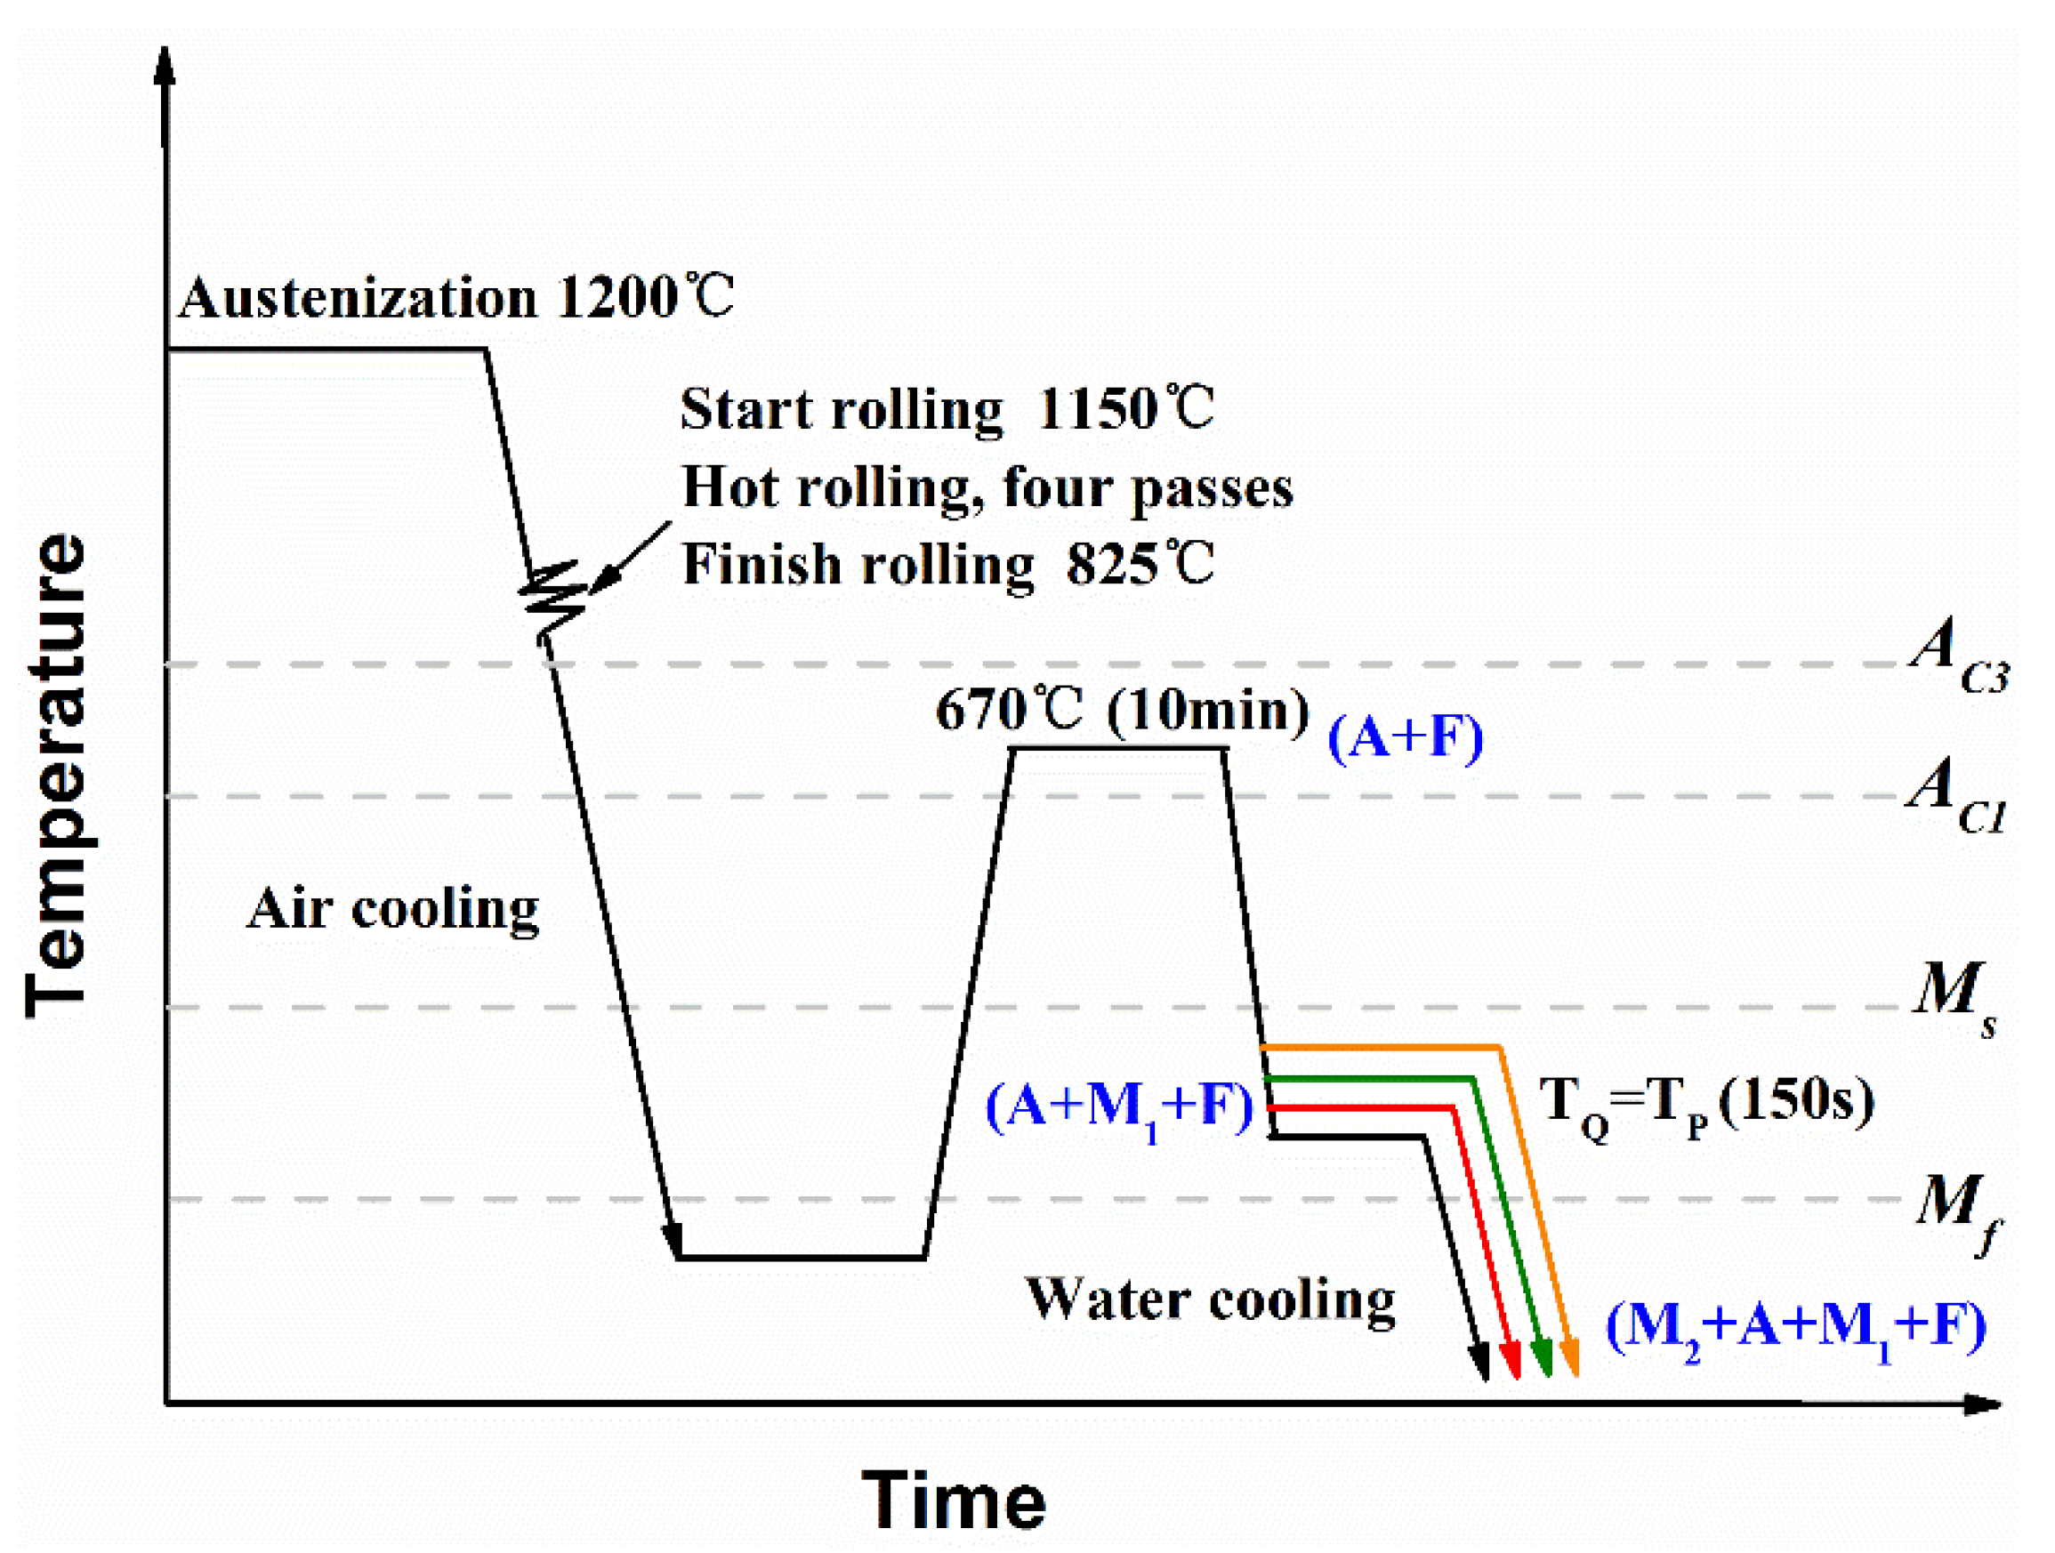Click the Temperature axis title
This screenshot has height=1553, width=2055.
(x=58, y=776)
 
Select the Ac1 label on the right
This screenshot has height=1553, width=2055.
(x=1954, y=793)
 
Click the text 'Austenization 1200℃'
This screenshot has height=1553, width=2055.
(x=455, y=298)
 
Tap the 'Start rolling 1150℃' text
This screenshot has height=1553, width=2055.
(x=947, y=408)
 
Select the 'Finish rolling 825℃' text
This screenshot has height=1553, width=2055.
(x=947, y=564)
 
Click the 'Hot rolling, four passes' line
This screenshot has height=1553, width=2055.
(x=987, y=487)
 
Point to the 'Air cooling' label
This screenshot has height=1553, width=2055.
(x=392, y=908)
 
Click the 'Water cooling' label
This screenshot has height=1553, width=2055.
(x=1210, y=1300)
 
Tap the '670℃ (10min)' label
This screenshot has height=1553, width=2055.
(x=1121, y=711)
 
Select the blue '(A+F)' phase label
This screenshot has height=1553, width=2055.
(x=1406, y=737)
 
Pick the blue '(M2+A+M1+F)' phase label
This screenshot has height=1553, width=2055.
(x=1795, y=1325)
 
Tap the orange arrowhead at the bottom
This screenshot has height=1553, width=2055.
(x=1571, y=1359)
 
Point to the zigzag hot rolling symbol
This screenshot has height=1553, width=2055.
(x=553, y=597)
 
